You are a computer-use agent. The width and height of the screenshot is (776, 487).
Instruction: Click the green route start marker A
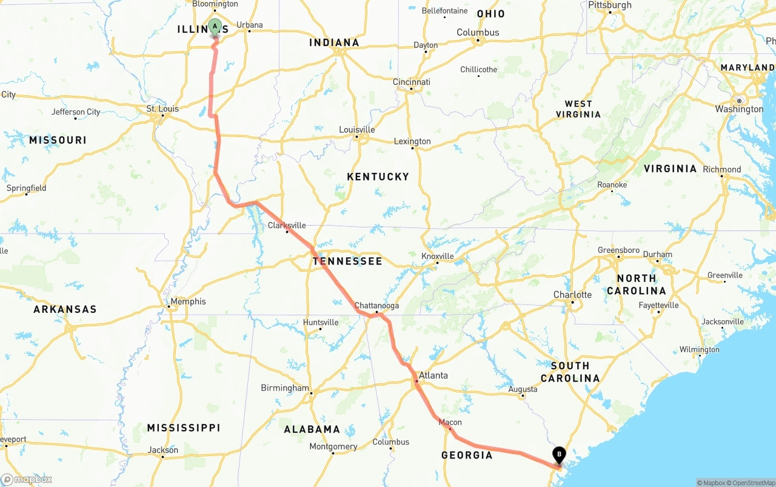[x=215, y=27]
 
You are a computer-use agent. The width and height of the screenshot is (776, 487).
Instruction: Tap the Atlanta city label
[x=433, y=375]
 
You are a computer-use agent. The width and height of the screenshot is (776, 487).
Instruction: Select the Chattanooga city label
[x=376, y=306]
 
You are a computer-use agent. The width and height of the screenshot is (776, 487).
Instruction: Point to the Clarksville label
[x=287, y=226]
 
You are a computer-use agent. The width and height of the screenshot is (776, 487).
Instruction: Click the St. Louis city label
[x=162, y=109]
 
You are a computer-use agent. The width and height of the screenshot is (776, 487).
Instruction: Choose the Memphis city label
[x=184, y=301]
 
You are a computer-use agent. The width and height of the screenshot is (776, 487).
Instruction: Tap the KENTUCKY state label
[x=378, y=176]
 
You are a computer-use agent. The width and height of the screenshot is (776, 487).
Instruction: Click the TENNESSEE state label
[x=347, y=261]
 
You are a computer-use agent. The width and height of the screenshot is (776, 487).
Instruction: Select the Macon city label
[x=450, y=422]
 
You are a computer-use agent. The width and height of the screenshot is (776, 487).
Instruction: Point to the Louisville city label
[x=356, y=130]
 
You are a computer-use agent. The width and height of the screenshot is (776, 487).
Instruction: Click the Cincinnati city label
[x=412, y=82]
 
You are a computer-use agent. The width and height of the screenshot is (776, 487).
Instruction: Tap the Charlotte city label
[x=572, y=295]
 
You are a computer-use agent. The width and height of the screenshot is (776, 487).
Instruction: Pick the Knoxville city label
[x=438, y=256]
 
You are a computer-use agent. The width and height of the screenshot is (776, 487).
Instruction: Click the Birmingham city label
[x=285, y=388]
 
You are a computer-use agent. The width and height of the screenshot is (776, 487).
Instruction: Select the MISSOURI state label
[x=58, y=140]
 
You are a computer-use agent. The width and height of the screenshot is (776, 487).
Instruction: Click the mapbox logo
[x=27, y=479]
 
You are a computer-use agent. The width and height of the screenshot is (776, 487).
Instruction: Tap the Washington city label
[x=739, y=109]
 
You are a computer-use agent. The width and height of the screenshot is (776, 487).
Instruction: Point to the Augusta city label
[x=523, y=389]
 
